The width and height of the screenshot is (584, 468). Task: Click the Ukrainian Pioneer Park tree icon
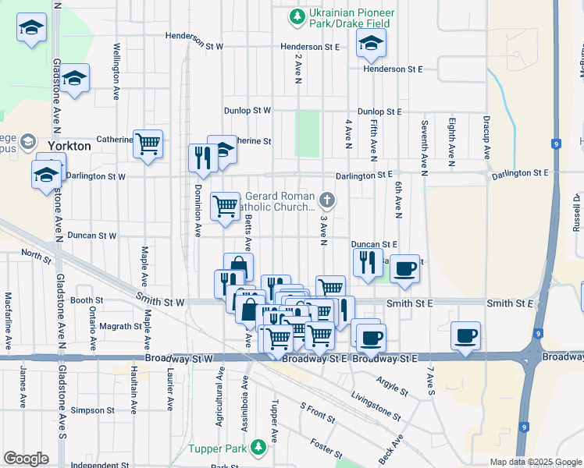297,16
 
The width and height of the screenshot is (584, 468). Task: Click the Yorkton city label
69,146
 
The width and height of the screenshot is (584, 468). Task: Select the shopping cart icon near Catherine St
148,144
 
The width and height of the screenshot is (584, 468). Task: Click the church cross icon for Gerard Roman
329,200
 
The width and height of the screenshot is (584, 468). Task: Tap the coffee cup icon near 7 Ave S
465,335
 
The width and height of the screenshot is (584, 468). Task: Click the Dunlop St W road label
247,111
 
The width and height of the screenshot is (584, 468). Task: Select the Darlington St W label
95,176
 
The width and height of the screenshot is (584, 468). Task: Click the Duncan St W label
92,235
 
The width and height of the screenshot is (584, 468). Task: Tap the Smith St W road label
160,301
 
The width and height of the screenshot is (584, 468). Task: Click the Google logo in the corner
26,458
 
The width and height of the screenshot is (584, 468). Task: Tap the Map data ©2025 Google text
536,462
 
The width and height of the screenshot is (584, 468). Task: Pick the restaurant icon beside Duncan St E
365,262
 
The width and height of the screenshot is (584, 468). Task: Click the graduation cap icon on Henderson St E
372,44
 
